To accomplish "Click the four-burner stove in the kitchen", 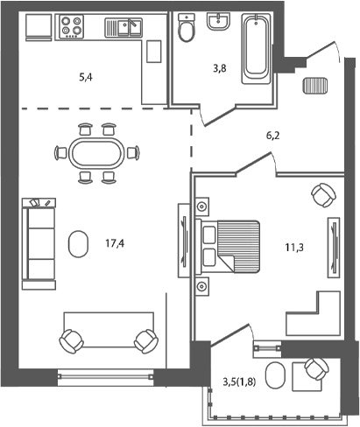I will pyautogui.click(x=71, y=27).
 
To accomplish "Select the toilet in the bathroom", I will pyautogui.click(x=185, y=30).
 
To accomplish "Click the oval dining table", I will pyautogui.click(x=96, y=153).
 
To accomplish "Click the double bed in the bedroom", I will pyautogui.click(x=233, y=245).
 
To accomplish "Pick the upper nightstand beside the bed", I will pyautogui.click(x=202, y=206).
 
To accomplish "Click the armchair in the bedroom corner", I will pyautogui.click(x=321, y=193).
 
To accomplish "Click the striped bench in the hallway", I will pyautogui.click(x=314, y=86).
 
